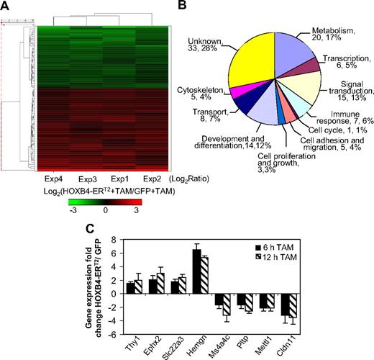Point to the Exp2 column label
pos(150,176)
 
